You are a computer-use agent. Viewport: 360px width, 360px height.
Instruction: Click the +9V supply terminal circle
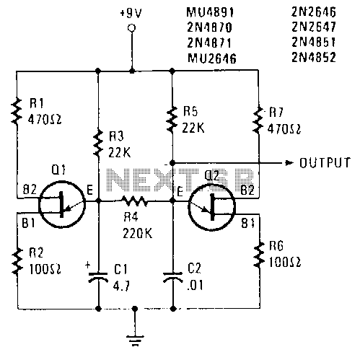pyautogui.click(x=131, y=28)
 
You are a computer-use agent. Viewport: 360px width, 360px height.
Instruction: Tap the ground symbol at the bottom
pyautogui.click(x=135, y=340)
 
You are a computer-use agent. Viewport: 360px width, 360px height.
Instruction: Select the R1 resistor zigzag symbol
pyautogui.click(x=17, y=110)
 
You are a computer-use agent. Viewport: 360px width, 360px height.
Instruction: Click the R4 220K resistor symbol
pyautogui.click(x=134, y=201)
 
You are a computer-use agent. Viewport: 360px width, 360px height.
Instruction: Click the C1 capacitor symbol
pyautogui.click(x=98, y=277)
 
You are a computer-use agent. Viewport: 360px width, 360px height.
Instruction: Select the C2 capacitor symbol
pyautogui.click(x=172, y=277)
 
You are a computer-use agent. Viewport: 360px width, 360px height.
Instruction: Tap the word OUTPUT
pyautogui.click(x=325, y=163)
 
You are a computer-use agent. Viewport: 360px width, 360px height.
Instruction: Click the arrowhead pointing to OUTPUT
pyautogui.click(x=289, y=163)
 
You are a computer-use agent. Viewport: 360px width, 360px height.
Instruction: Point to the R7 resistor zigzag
pyautogui.click(x=258, y=120)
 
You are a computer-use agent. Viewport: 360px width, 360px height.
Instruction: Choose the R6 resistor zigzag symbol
pyautogui.click(x=259, y=255)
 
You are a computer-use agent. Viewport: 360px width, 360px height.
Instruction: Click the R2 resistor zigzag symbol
pyautogui.click(x=17, y=261)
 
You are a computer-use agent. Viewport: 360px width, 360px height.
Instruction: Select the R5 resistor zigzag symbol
pyautogui.click(x=172, y=120)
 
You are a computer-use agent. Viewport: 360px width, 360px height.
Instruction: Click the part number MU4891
pyautogui.click(x=210, y=12)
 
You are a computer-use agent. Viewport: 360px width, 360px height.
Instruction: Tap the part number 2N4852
pyautogui.click(x=314, y=58)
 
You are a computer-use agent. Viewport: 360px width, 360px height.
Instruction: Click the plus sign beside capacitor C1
pyautogui.click(x=88, y=265)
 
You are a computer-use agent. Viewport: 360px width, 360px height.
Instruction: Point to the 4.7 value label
pyautogui.click(x=122, y=286)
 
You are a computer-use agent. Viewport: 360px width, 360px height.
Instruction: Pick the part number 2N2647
pyautogui.click(x=314, y=27)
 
